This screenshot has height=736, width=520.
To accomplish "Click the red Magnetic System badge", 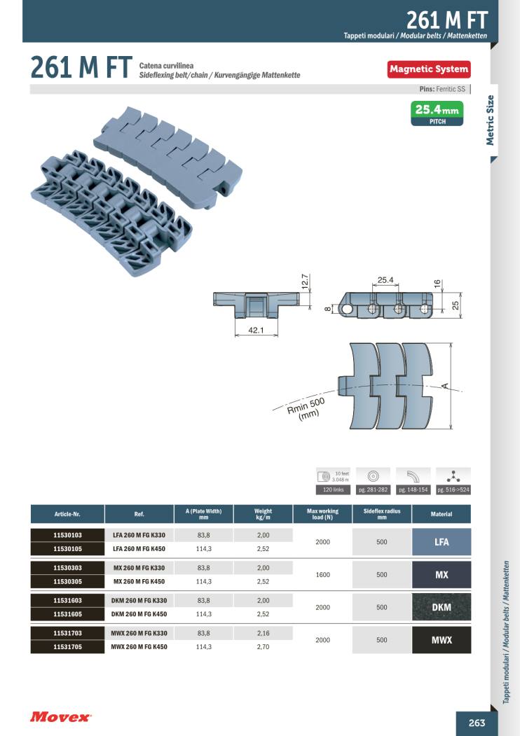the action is pyautogui.click(x=429, y=69).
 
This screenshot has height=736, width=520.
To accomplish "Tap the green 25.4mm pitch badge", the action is pyautogui.click(x=437, y=113).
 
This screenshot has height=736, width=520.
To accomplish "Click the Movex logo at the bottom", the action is pyautogui.click(x=60, y=717).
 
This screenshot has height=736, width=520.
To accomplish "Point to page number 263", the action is pyautogui.click(x=477, y=723).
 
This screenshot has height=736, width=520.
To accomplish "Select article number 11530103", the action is pyautogui.click(x=68, y=535).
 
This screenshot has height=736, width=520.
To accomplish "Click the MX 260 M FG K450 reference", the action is pyautogui.click(x=139, y=581).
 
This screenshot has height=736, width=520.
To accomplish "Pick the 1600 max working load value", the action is pyautogui.click(x=322, y=574).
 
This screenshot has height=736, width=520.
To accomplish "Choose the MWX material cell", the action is pyautogui.click(x=442, y=640).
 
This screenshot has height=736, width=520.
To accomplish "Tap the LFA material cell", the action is pyautogui.click(x=442, y=542).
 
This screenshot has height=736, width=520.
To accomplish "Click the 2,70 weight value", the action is pyautogui.click(x=263, y=647).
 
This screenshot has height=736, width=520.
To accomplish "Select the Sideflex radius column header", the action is pyautogui.click(x=382, y=514).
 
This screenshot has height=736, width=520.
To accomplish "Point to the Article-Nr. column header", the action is pyautogui.click(x=68, y=514).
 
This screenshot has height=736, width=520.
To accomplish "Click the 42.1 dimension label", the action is pyautogui.click(x=256, y=331).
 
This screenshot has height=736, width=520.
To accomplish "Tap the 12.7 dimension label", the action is pyautogui.click(x=305, y=282).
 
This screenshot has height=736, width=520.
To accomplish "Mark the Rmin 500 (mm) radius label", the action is pyautogui.click(x=306, y=409).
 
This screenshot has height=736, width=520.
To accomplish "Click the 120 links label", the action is pyautogui.click(x=333, y=489).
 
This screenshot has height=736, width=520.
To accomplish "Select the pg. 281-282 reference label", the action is pyautogui.click(x=373, y=489).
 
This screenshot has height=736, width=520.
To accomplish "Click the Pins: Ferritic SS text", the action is pyautogui.click(x=442, y=89).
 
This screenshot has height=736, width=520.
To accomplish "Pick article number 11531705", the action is pyautogui.click(x=68, y=647).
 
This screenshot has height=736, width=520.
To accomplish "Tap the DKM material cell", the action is pyautogui.click(x=442, y=607).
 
